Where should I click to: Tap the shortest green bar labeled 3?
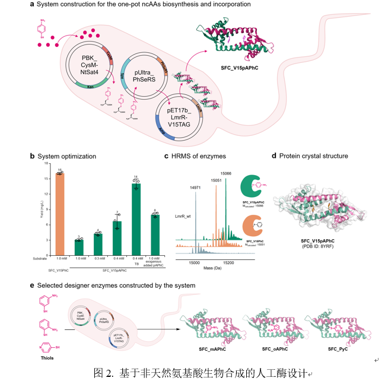(x=78, y=240)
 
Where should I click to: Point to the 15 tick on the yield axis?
(x=47, y=178)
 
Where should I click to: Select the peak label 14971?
(x=196, y=188)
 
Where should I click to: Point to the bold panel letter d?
(x=273, y=156)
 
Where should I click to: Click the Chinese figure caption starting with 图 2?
(x=202, y=373)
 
